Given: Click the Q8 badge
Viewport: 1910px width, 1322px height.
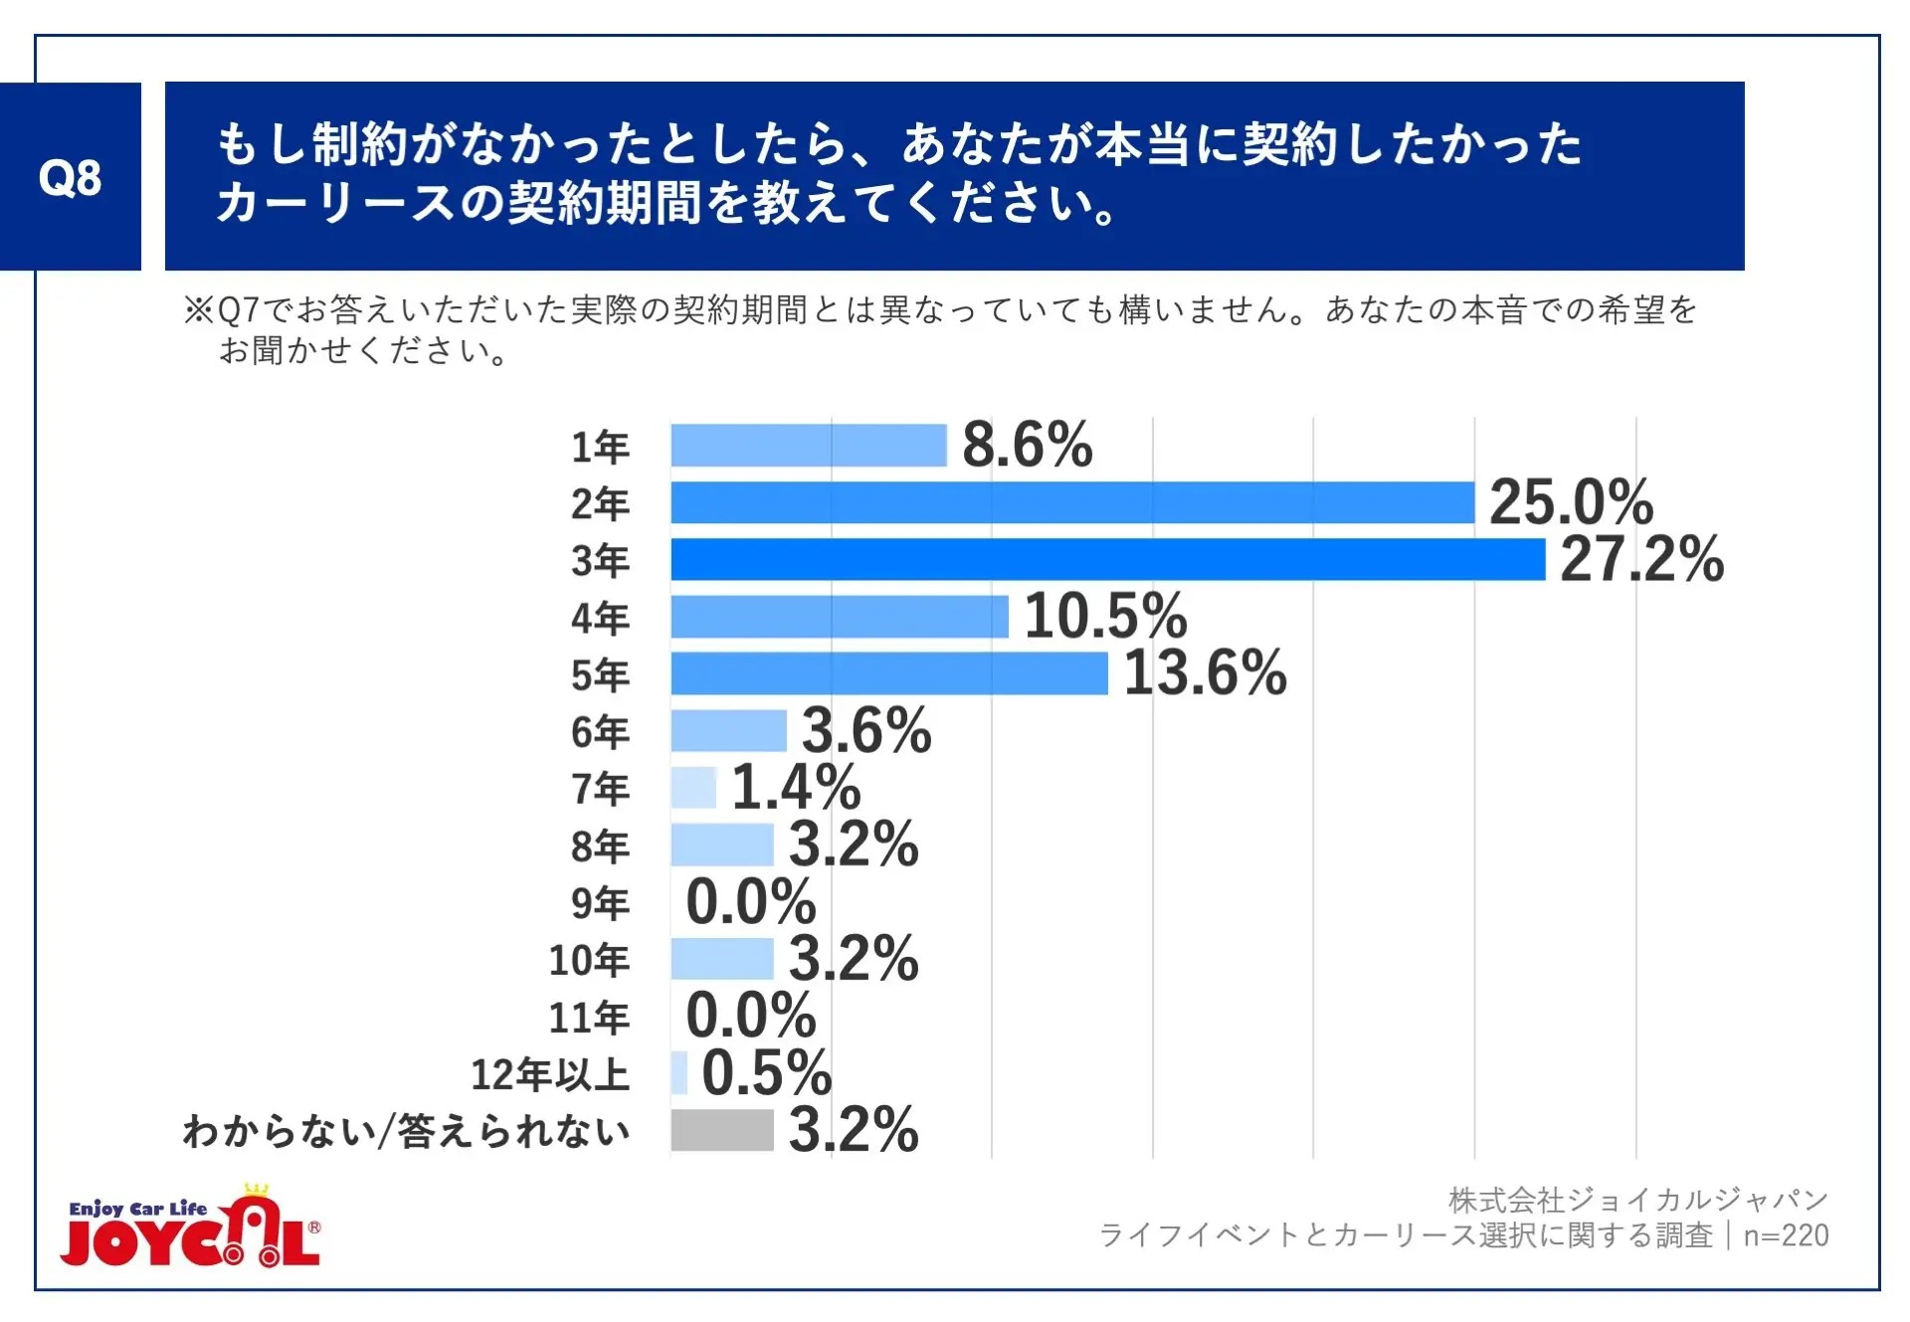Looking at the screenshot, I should tap(70, 177).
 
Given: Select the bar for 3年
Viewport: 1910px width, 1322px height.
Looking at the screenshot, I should tap(1107, 559).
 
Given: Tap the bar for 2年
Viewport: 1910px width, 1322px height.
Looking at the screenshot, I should tap(1071, 502).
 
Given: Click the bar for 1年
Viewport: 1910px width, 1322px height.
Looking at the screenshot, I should tap(808, 445).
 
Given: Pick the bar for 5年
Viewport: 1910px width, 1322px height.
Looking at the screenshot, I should tap(888, 673).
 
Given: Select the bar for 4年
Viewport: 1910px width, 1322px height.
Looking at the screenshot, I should tap(839, 617).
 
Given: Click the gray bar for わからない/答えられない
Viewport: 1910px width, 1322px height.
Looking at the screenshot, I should tap(721, 1130).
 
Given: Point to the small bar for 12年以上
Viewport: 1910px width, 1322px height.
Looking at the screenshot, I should tap(678, 1073).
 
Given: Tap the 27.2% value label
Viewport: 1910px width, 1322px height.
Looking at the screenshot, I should tap(1641, 559).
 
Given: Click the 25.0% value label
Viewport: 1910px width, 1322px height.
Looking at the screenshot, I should tap(1571, 501).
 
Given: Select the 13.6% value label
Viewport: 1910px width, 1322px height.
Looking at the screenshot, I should tap(1205, 673).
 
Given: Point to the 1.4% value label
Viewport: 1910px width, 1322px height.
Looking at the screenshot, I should tap(796, 788).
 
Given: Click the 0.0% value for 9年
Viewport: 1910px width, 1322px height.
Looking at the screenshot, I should tap(751, 902).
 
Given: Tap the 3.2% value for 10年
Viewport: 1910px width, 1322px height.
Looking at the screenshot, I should tap(854, 959).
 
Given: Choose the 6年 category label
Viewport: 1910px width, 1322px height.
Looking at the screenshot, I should tap(600, 732).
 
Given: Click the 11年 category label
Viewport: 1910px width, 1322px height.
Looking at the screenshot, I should tap(589, 1018).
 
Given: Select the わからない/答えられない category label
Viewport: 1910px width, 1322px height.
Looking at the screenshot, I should tap(406, 1132).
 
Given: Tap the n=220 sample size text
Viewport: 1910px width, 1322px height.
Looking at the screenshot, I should tap(1786, 1235).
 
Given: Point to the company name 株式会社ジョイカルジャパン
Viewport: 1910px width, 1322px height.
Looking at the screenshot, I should tap(1637, 1201).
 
